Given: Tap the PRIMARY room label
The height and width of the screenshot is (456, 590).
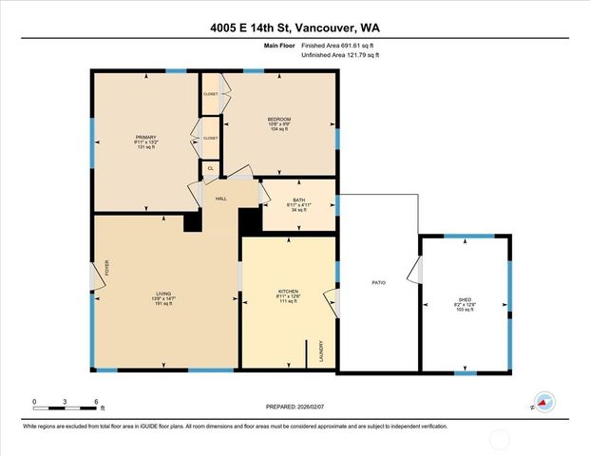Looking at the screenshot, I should point(145,137).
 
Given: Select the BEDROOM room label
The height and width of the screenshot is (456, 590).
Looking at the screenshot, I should point(278,119).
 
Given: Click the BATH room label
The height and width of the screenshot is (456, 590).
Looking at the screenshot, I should point(298,199).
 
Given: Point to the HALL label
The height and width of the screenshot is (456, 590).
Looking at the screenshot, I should point(220,199).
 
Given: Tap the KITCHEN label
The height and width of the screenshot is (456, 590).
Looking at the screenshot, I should point(288,291).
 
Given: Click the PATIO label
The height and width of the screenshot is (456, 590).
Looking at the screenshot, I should point(377,283).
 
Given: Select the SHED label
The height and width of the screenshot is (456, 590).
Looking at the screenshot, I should point(465,299).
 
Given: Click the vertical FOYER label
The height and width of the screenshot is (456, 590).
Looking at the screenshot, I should point(107,268).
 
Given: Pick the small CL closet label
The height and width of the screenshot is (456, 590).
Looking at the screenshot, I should point(210,169).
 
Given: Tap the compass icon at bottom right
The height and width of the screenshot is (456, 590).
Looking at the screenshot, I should point(542,402).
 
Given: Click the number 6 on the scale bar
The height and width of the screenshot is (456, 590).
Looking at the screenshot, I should point(95,402).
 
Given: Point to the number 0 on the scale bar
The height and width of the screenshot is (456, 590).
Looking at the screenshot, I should point(34,402).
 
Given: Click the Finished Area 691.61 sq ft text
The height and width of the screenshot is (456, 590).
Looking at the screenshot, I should point(338,46).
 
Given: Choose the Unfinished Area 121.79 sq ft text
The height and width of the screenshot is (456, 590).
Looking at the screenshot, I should point(339,56).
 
